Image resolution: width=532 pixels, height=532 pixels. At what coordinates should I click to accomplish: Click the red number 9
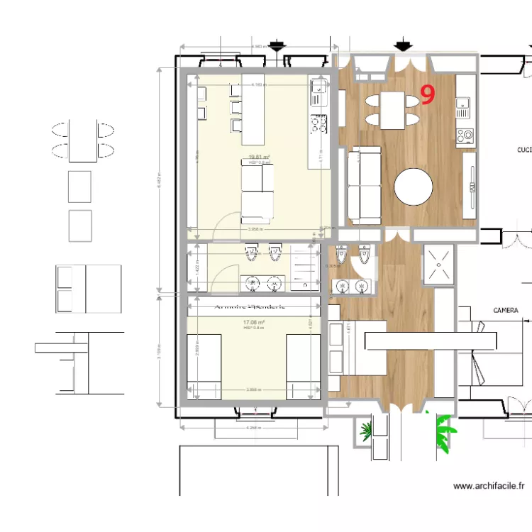428,94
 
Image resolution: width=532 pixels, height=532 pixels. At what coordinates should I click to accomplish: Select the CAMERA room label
505,311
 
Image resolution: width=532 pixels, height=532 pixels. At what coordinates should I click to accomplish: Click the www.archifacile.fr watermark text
489,486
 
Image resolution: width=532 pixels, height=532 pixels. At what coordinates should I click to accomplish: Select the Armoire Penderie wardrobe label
250,307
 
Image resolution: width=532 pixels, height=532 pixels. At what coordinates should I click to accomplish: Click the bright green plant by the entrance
445,433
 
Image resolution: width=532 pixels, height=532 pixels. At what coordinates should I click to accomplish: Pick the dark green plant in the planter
367,431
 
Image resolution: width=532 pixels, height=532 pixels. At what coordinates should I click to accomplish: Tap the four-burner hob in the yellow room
318,124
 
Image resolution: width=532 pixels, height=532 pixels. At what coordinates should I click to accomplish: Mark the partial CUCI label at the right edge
523,150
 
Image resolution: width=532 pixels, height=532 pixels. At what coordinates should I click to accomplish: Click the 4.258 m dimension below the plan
253,428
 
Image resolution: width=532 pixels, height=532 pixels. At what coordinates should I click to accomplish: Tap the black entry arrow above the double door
404,47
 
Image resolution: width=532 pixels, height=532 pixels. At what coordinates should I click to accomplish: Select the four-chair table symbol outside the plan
82,140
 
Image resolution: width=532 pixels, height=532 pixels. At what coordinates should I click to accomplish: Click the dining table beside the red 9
393,110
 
